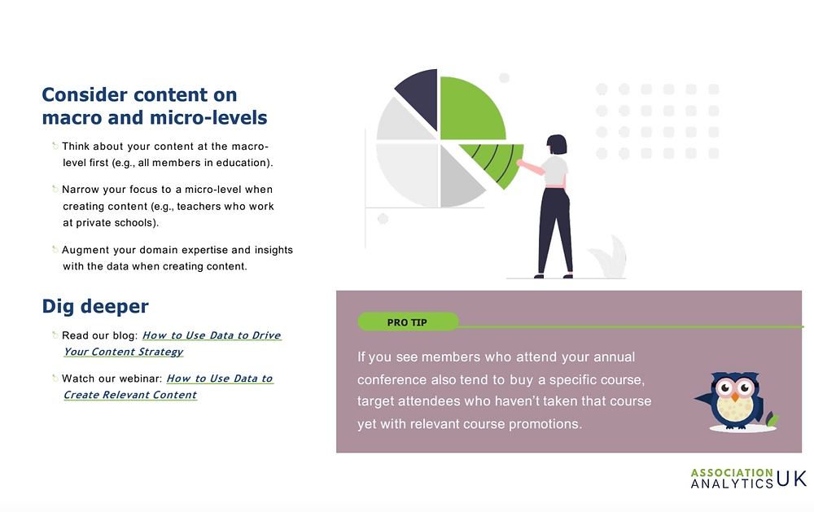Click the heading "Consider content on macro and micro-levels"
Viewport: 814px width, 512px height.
[154, 106]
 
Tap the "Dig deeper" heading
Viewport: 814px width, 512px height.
[95, 306]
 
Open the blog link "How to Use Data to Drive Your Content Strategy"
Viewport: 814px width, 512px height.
[173, 344]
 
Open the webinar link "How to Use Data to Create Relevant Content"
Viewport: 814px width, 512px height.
[168, 387]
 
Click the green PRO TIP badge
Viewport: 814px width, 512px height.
[408, 322]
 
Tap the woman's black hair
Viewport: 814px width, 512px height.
[557, 144]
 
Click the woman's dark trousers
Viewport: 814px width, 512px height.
[555, 230]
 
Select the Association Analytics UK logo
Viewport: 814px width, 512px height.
[749, 478]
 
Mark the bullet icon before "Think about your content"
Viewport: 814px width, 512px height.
[55, 146]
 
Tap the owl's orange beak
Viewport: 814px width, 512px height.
[735, 397]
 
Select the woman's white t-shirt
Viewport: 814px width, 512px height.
[555, 170]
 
